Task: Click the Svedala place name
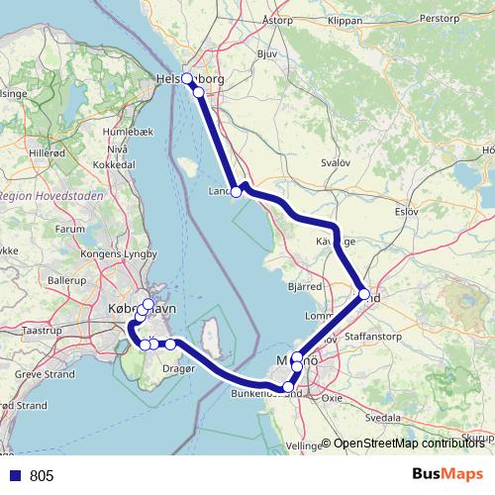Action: click(x=382, y=419)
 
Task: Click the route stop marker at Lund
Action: click(x=364, y=294)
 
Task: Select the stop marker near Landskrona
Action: click(x=236, y=192)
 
